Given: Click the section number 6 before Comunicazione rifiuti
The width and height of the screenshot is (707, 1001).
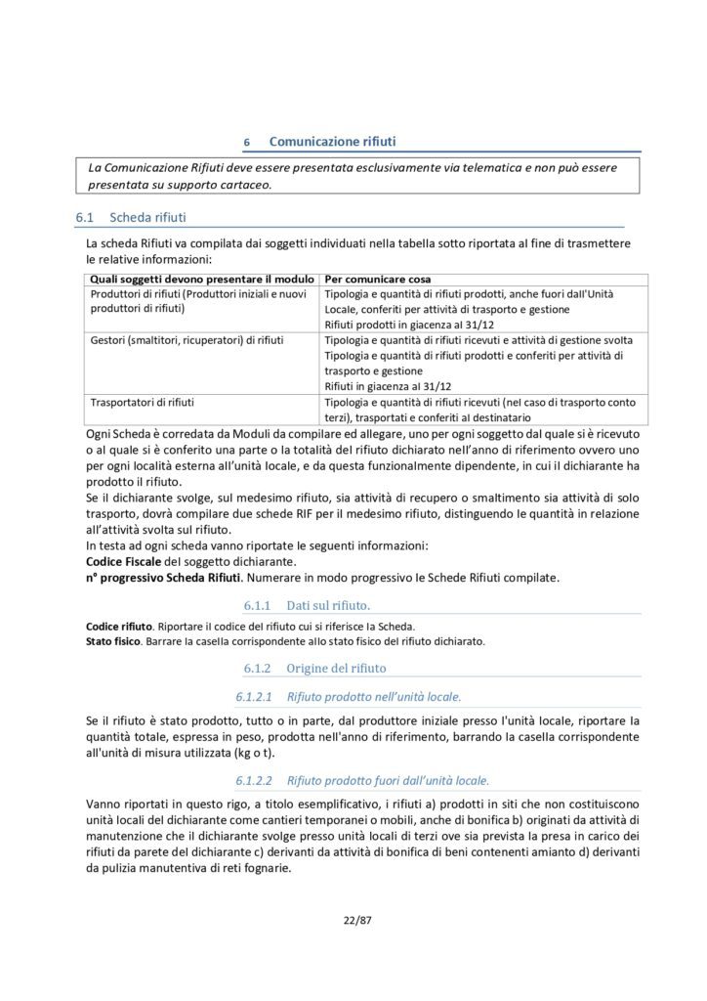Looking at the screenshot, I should coord(247,143).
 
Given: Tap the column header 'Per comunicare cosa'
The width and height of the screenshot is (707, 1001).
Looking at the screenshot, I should coord(378,279).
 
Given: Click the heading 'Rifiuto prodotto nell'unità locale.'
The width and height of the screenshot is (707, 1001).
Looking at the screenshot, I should coord(374,697).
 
